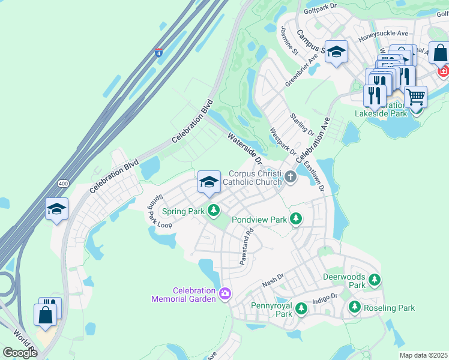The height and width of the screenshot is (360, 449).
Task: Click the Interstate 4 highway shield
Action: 158,53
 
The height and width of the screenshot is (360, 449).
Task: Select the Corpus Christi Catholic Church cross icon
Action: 291,176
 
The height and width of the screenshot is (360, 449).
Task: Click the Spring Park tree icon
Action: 213,211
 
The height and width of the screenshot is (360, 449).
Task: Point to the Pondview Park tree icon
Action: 295,220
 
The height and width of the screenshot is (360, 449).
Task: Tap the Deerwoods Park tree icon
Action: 375,280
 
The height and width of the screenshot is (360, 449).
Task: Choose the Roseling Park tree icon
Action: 354,308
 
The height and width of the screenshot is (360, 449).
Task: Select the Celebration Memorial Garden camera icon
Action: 225,293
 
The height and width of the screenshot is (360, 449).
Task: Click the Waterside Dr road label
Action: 245,149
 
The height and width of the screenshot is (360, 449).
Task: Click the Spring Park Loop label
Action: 156,211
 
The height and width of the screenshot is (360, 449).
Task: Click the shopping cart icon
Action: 415,96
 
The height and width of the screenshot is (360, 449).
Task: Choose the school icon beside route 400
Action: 56,209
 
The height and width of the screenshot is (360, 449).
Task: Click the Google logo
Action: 20,352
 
